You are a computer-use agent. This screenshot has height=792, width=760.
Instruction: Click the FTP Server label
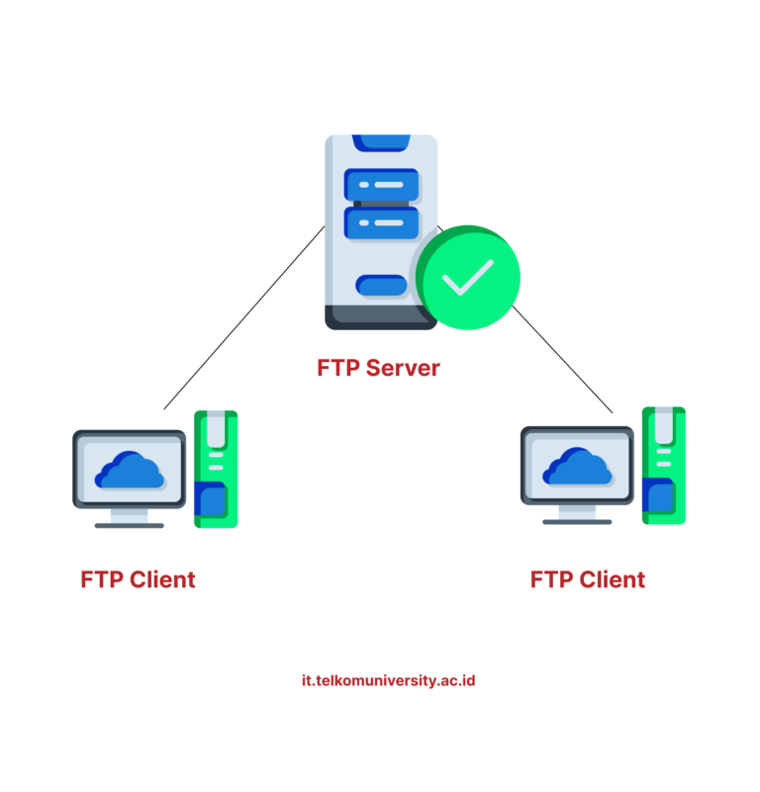tap(378, 368)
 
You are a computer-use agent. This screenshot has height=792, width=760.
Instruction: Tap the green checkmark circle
tap(467, 278)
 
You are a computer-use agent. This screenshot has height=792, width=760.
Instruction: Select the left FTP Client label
tap(138, 579)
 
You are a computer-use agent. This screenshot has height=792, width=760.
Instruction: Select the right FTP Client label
tap(588, 579)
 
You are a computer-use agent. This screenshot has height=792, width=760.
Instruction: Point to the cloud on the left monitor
tap(130, 471)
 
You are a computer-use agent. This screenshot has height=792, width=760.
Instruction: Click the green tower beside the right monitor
tap(664, 464)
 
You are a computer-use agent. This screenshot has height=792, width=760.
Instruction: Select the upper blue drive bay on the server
tap(381, 185)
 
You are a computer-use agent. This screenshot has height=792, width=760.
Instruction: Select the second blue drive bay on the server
tap(381, 222)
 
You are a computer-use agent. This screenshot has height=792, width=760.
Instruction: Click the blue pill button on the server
tap(381, 286)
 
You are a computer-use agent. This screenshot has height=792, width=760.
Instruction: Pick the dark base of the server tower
tap(379, 317)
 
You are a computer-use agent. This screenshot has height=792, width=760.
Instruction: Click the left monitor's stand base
tap(130, 524)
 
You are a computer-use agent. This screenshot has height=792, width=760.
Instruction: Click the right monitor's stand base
tap(578, 520)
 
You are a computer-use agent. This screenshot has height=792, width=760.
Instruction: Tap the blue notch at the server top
tap(381, 141)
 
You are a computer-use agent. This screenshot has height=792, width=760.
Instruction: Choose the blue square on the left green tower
tap(211, 499)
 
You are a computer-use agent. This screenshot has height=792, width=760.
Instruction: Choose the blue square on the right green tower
tap(658, 495)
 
